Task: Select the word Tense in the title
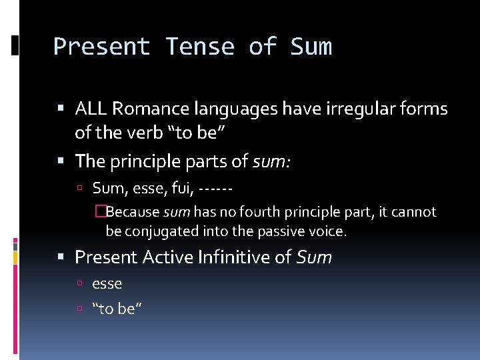pos(200,47)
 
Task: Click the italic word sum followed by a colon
pos(270,161)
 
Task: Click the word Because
pos(133,213)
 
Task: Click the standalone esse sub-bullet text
pos(107,284)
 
